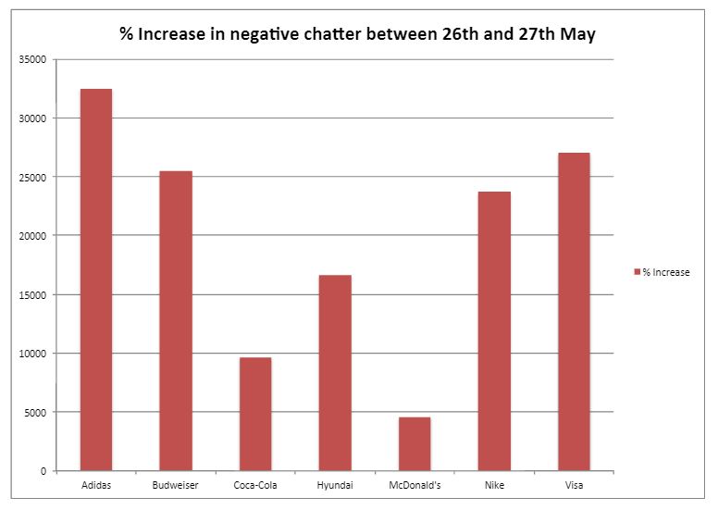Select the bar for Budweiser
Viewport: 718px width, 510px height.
(176, 320)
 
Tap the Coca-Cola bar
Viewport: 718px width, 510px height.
(255, 414)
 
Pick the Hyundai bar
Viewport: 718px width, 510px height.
(335, 372)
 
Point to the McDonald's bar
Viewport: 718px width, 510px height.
(415, 443)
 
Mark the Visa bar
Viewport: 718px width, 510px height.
(574, 311)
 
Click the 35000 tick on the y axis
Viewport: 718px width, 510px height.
(33, 59)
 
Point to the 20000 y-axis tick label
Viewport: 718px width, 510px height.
(33, 236)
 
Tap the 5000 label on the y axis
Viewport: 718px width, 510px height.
(36, 412)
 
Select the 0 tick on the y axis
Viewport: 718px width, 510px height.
(43, 471)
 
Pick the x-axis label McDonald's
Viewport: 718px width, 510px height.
(415, 484)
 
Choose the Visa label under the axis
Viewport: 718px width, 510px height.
(574, 484)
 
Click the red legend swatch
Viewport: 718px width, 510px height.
(637, 272)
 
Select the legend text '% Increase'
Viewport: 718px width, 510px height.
(666, 272)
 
